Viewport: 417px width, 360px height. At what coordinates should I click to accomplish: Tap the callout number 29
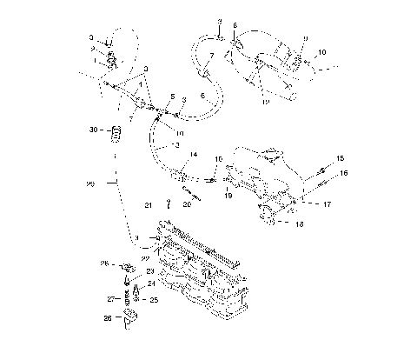pos(91,183)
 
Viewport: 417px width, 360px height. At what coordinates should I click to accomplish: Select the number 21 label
pos(149,205)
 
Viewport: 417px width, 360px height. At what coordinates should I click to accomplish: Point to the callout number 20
pos(188,205)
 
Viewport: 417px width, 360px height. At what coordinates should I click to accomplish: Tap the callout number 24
pos(151,283)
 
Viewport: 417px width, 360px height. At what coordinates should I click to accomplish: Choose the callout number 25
pos(153,299)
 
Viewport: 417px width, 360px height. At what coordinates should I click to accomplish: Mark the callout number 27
pos(111,298)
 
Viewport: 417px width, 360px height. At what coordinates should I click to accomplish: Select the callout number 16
pos(344,174)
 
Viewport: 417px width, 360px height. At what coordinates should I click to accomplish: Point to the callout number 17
pos(327,205)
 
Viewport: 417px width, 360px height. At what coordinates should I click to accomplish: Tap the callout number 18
pos(300,223)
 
